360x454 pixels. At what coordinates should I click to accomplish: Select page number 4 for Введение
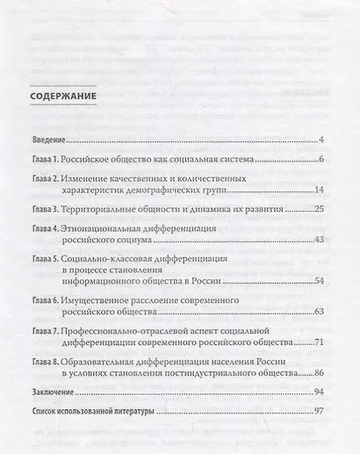tap(323, 140)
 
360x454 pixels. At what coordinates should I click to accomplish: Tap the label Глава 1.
tap(42, 160)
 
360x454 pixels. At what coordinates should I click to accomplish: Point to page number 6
tap(323, 160)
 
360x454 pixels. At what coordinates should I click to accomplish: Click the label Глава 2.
tap(42, 179)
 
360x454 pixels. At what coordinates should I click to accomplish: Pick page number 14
tap(320, 191)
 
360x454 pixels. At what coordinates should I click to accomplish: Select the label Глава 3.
tap(42, 211)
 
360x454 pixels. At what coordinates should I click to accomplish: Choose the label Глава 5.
tap(42, 261)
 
